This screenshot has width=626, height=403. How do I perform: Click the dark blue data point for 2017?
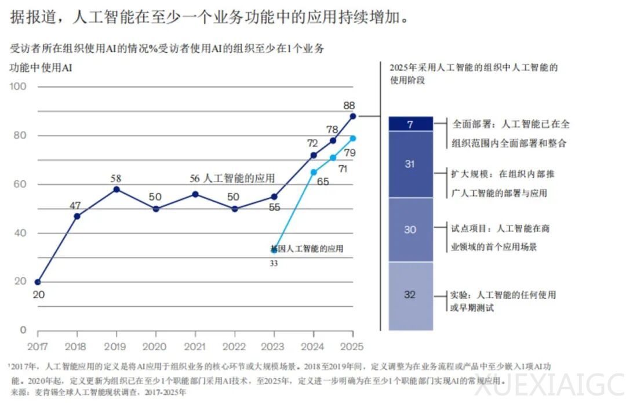pyautogui.click(x=38, y=282)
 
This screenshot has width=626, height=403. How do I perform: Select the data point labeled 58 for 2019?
pyautogui.click(x=117, y=189)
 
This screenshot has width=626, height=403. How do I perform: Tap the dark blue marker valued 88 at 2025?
pyautogui.click(x=353, y=116)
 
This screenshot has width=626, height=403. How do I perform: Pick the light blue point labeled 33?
pyautogui.click(x=274, y=250)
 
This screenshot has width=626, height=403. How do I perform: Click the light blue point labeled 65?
pyautogui.click(x=314, y=172)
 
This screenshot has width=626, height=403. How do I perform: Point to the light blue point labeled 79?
pyautogui.click(x=353, y=138)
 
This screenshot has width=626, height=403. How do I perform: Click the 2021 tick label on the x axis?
pyautogui.click(x=195, y=347)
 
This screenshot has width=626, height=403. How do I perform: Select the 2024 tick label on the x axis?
pyautogui.click(x=314, y=347)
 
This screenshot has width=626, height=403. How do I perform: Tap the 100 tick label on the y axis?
pyautogui.click(x=19, y=86)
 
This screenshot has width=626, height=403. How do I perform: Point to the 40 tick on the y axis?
pyautogui.click(x=20, y=233)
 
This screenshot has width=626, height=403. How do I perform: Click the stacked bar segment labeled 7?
pyautogui.click(x=410, y=124)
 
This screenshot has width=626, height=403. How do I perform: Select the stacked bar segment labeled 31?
pyautogui.click(x=410, y=164)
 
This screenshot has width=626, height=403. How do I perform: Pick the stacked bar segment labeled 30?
pyautogui.click(x=410, y=230)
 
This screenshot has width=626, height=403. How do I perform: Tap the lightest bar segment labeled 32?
pyautogui.click(x=410, y=295)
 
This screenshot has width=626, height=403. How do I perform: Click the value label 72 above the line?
pyautogui.click(x=313, y=143)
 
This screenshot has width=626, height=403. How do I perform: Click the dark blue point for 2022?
pyautogui.click(x=235, y=209)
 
